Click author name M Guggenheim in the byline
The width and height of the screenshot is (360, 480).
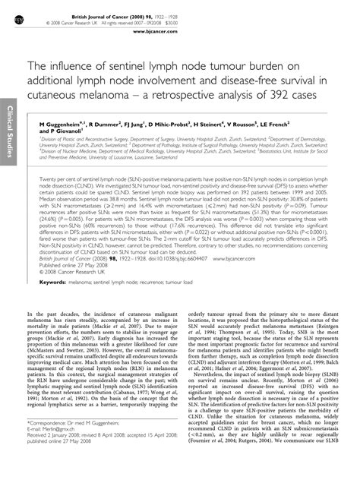64,122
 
